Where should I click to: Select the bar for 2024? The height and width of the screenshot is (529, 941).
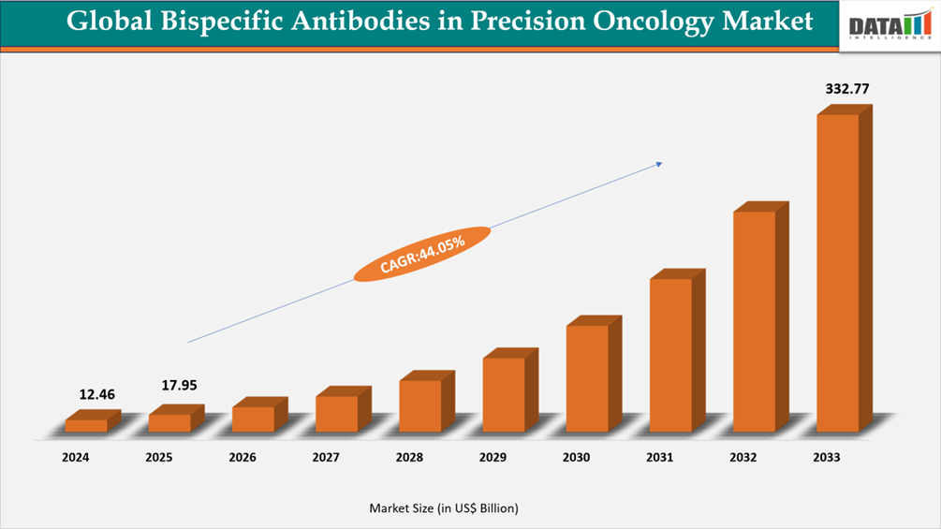[x=86, y=426]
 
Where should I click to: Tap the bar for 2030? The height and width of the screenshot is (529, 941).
[x=587, y=378]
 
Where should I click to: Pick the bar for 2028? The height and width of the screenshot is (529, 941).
[x=420, y=405]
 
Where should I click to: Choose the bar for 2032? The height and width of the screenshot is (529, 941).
[x=755, y=321]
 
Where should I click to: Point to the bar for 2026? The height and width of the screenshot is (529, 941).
[x=253, y=419]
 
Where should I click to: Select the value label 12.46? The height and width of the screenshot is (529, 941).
[x=97, y=394]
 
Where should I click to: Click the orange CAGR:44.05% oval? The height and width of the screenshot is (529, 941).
[x=422, y=254]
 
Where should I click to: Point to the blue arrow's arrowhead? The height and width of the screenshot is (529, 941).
[x=659, y=164]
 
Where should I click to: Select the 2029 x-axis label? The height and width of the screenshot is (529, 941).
[x=493, y=458]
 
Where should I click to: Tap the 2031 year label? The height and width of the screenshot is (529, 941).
[x=660, y=458]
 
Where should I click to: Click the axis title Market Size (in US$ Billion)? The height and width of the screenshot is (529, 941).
[x=444, y=508]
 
